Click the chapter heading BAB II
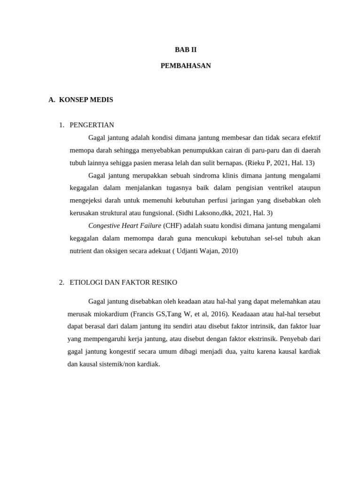click(186, 49)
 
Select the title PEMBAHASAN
click(186, 66)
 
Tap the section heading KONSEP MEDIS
click(86, 100)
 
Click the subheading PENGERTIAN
click(92, 125)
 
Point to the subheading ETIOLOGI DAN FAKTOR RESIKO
click(123, 282)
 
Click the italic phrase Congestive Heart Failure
click(125, 225)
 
